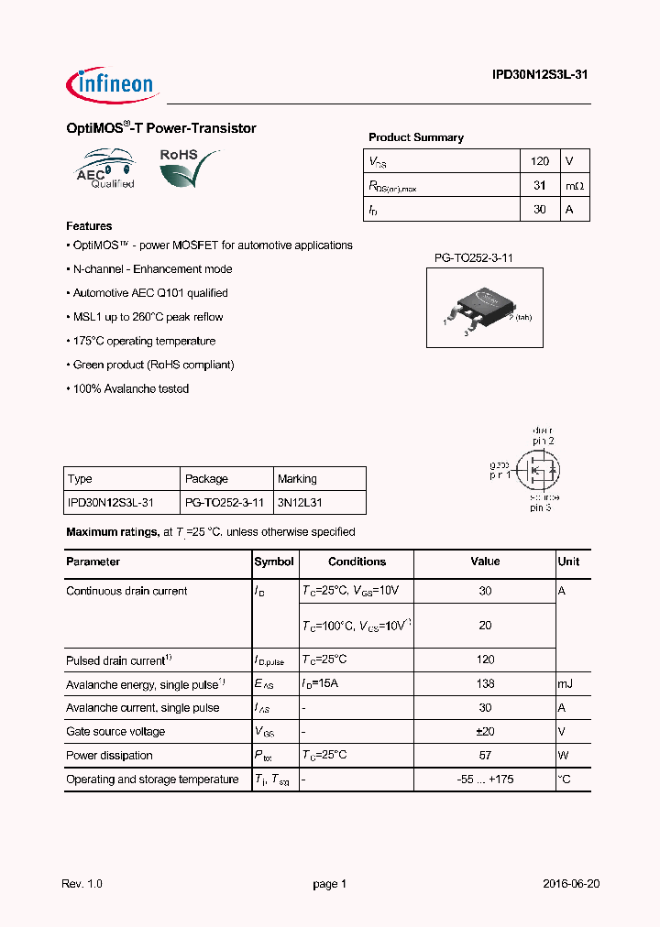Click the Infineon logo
[113, 84]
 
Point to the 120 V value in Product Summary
[540, 161]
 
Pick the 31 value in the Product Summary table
[540, 185]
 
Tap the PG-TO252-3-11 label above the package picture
[474, 258]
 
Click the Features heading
[89, 226]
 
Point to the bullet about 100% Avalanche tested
[128, 388]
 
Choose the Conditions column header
[357, 562]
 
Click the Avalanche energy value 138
[485, 684]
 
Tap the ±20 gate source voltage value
[485, 732]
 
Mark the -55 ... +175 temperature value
[485, 780]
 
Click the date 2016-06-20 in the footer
[571, 884]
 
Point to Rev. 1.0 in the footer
[82, 884]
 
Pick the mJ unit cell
[567, 684]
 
